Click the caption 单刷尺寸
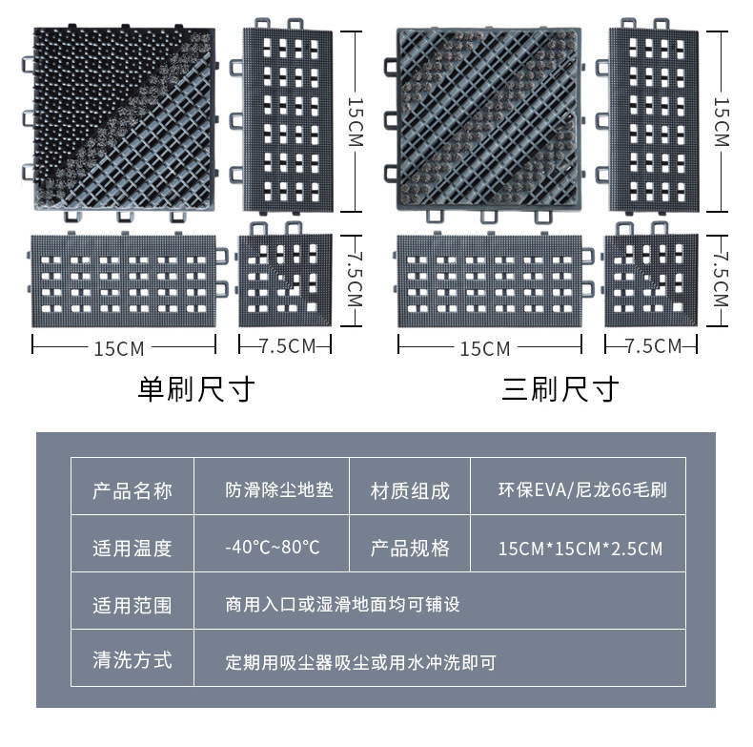click(196, 389)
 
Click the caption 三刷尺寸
click(560, 389)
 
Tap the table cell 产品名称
click(132, 491)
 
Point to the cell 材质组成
click(410, 491)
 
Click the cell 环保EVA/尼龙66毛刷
click(581, 491)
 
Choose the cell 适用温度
click(132, 548)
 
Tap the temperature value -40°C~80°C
click(273, 548)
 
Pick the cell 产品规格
click(410, 548)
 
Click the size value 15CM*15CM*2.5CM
click(580, 549)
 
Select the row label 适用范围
click(132, 605)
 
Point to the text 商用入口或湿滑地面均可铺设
click(343, 605)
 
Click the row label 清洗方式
click(132, 660)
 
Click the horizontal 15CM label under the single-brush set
click(120, 347)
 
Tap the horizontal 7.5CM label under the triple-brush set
click(654, 345)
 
